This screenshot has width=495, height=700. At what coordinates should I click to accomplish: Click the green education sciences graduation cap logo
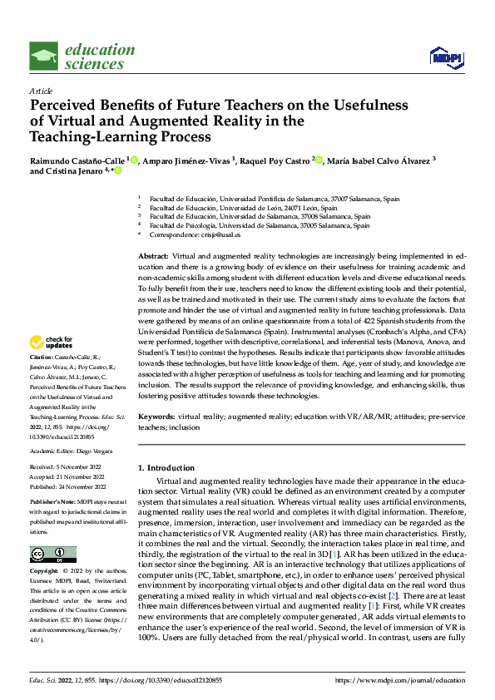[43, 57]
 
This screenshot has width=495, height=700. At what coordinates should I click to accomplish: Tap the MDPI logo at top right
[447, 57]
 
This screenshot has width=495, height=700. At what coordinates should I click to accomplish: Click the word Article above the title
[41, 91]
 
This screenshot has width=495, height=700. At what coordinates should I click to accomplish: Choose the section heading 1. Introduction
[166, 468]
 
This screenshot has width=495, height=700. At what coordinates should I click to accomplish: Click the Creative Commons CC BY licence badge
[52, 554]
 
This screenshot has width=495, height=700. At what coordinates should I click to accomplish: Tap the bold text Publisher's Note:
[52, 504]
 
